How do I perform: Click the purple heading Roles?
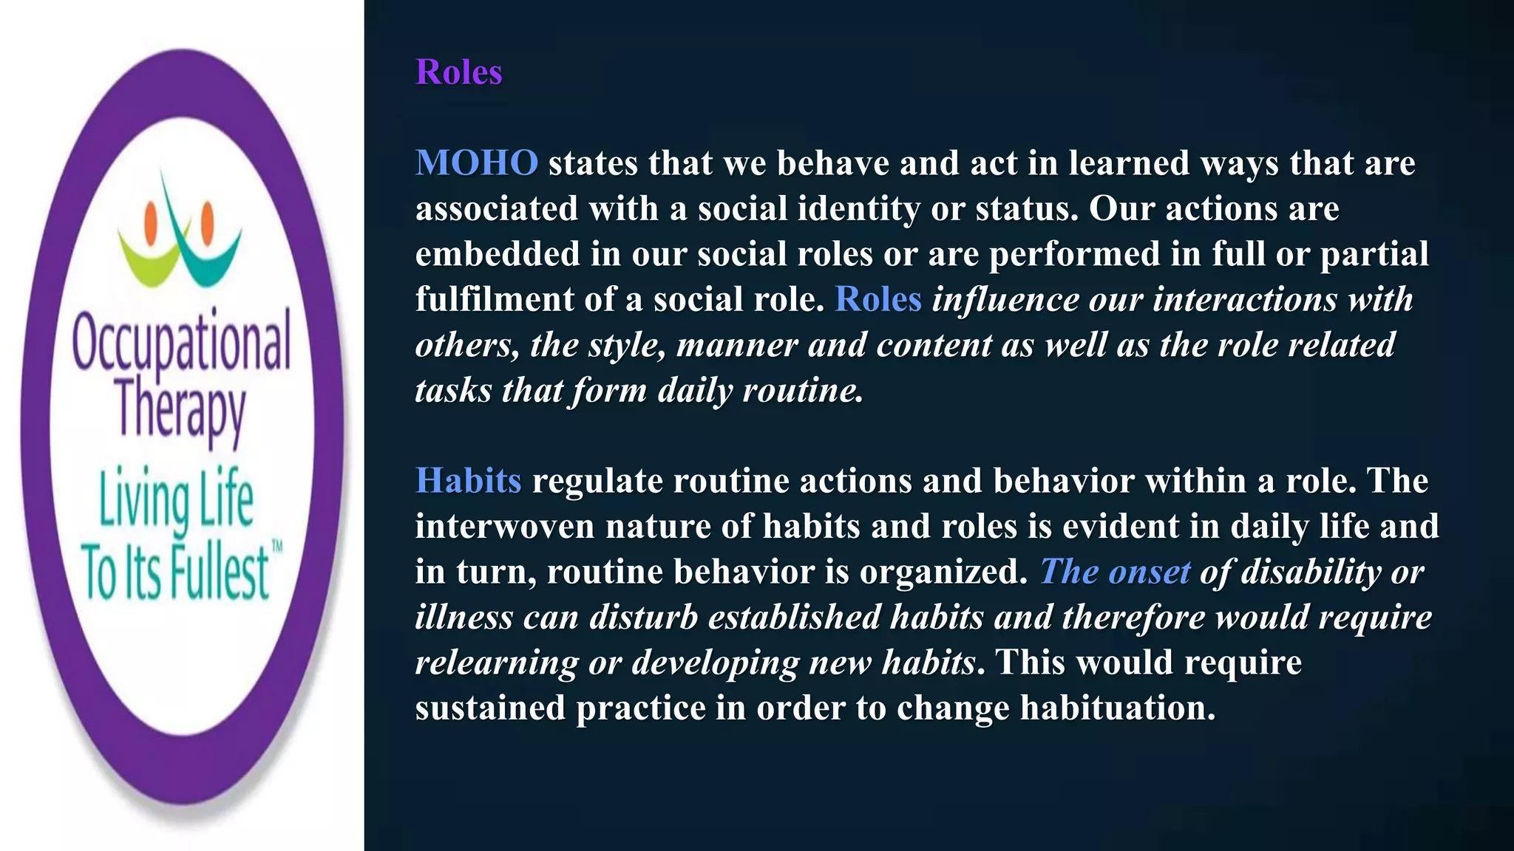(x=458, y=72)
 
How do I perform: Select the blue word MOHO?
(x=477, y=163)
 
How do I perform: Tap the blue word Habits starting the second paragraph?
(x=469, y=481)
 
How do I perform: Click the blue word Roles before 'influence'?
(x=877, y=299)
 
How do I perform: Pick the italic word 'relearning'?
(x=496, y=663)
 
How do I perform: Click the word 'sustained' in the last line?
(x=490, y=708)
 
